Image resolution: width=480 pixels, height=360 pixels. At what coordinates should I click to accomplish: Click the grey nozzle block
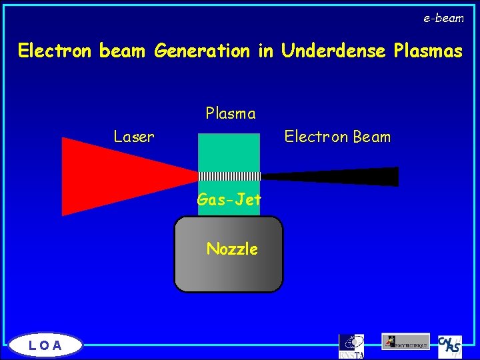coord(229,270)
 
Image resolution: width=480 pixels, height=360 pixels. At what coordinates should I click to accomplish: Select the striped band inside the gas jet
coord(229,176)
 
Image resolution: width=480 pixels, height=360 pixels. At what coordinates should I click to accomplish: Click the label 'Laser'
coord(134,137)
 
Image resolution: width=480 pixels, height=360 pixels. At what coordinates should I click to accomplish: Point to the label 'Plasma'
coord(231,113)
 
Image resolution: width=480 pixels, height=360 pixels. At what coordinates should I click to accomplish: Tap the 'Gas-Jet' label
coord(229,199)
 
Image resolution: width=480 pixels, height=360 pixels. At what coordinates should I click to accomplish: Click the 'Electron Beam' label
coord(337,137)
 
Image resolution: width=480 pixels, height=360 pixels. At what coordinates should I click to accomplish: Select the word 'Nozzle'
coord(232,249)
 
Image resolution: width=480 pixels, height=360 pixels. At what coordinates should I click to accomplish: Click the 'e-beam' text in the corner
coord(443,19)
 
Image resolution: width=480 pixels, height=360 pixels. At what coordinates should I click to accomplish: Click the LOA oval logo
coord(46,345)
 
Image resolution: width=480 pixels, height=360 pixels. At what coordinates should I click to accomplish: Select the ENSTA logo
coord(351,346)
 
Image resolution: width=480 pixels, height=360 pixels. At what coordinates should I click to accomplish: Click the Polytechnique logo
coord(405,341)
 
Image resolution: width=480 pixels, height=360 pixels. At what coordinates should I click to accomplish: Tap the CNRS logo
coord(450,345)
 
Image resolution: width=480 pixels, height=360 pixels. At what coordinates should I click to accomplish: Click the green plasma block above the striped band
coord(229,152)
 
